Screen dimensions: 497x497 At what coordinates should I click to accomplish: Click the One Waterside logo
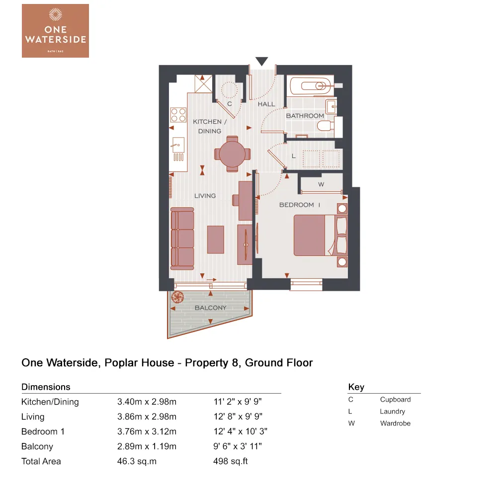[55, 30]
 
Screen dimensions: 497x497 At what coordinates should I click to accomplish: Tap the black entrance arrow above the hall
[262, 61]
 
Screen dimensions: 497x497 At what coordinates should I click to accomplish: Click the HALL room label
[266, 104]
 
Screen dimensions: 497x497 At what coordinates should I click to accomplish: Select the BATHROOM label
[305, 116]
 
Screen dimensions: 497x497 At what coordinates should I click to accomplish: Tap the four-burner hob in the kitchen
[178, 115]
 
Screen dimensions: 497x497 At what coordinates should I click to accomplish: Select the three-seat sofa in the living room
[182, 239]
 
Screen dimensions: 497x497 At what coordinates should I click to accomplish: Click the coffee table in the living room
[216, 239]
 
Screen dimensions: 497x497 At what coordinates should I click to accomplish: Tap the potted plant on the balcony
[177, 298]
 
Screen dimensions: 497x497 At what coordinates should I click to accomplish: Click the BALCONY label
[210, 308]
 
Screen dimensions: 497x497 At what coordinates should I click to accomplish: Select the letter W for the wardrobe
[321, 185]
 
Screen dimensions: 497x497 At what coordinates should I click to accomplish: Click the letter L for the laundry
[294, 156]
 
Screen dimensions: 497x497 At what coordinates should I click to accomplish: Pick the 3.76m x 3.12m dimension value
[147, 431]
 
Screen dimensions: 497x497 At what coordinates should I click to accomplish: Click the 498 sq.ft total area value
[230, 461]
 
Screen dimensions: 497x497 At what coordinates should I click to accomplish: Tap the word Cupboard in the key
[395, 400]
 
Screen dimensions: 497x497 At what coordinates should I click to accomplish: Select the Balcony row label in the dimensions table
[37, 446]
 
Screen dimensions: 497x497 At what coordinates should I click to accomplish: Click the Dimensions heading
[46, 387]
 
